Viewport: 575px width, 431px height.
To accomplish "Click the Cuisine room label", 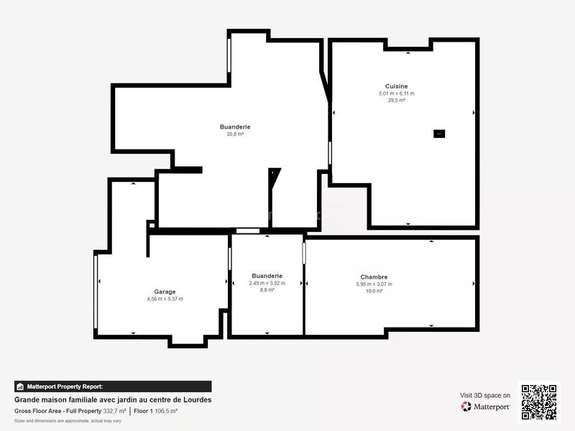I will click(x=396, y=86).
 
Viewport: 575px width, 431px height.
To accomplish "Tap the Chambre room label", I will click(x=374, y=277).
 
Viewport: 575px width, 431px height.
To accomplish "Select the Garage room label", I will click(x=165, y=292).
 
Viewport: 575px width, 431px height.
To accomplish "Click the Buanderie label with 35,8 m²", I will click(x=235, y=126).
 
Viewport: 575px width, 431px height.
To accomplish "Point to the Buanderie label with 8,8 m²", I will click(x=267, y=276).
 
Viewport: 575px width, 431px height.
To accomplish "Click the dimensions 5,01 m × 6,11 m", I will click(x=396, y=93).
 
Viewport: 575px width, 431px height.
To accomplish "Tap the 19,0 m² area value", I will click(x=374, y=291).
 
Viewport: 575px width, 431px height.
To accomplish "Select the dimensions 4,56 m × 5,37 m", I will click(x=165, y=299).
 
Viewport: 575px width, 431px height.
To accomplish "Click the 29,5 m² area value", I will click(x=396, y=101).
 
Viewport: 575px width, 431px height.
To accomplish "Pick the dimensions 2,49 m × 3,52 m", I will click(x=267, y=283).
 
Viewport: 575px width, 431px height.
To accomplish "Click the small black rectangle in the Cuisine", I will click(x=439, y=133).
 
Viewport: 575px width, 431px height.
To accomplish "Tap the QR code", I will click(x=538, y=402).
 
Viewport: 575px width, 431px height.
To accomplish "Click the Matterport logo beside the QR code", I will click(x=486, y=407).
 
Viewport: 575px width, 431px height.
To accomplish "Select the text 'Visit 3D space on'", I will click(x=485, y=395).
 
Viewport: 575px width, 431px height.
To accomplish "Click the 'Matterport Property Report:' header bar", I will click(x=113, y=386).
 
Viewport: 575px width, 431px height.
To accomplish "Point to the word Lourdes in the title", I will click(x=196, y=400).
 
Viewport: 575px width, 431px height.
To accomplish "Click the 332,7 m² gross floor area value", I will click(x=114, y=411).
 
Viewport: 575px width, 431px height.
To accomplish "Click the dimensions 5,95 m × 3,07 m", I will click(x=374, y=284).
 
